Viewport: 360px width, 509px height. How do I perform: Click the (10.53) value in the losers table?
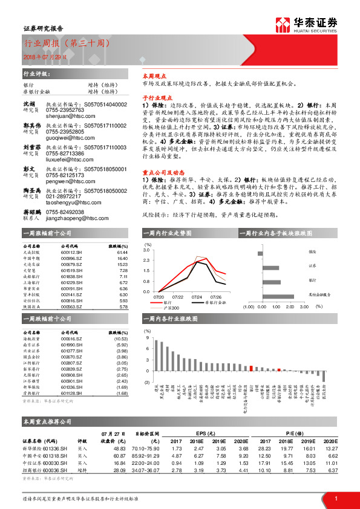pos(121,339)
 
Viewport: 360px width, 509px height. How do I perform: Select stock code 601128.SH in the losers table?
pos(72,394)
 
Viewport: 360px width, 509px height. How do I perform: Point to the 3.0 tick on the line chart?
pos(146,249)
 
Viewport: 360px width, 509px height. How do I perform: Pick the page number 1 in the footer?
pos(335,498)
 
